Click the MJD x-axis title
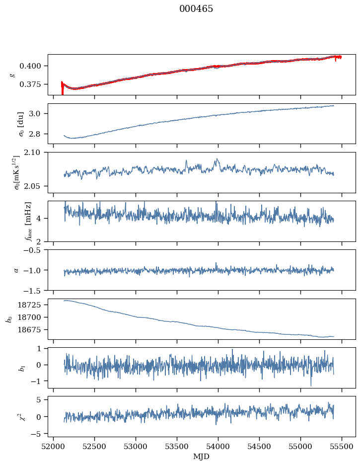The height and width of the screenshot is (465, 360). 202,457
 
